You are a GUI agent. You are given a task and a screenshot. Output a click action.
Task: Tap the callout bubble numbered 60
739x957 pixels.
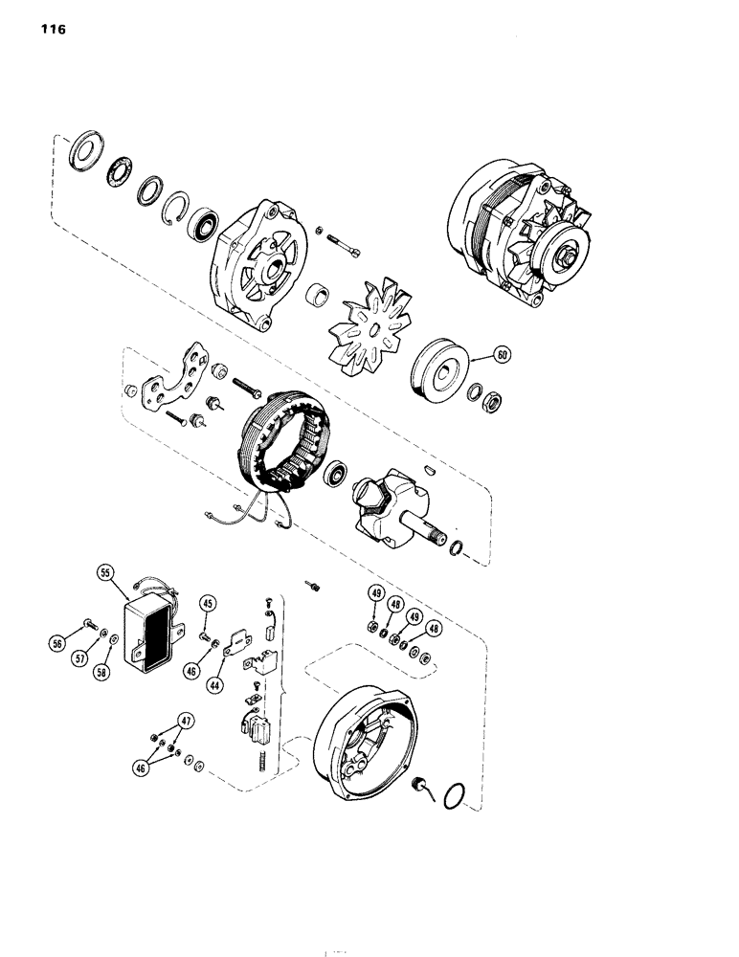pyautogui.click(x=501, y=354)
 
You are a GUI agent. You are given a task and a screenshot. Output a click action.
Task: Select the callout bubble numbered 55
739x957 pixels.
pyautogui.click(x=105, y=574)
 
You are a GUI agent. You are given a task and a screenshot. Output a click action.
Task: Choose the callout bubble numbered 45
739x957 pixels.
pyautogui.click(x=207, y=603)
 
